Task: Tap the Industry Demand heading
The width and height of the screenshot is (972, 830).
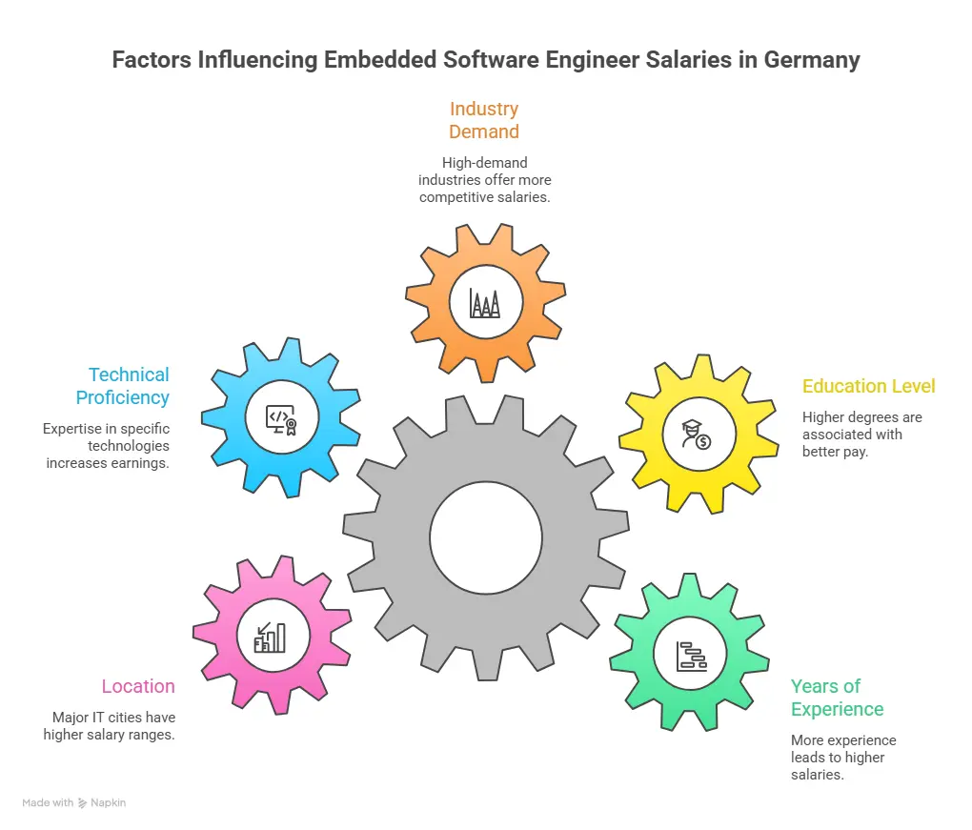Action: click(x=484, y=120)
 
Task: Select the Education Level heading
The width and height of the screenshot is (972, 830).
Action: click(x=868, y=386)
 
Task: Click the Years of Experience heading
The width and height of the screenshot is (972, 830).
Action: click(x=837, y=698)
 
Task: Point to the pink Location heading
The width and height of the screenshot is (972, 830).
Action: click(x=138, y=686)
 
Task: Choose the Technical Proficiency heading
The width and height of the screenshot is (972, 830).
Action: click(x=123, y=386)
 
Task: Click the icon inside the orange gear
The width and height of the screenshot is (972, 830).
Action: click(x=485, y=303)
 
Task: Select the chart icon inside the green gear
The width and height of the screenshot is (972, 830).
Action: click(x=691, y=656)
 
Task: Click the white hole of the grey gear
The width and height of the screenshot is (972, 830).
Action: click(x=485, y=536)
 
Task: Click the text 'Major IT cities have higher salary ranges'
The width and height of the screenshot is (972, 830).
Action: click(x=109, y=726)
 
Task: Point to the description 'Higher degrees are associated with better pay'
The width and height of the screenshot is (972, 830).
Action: click(x=861, y=435)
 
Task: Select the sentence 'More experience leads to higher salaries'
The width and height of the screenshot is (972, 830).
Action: click(x=842, y=758)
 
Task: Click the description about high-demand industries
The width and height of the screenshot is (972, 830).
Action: click(x=484, y=180)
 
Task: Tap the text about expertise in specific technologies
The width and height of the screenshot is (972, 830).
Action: click(x=106, y=446)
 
